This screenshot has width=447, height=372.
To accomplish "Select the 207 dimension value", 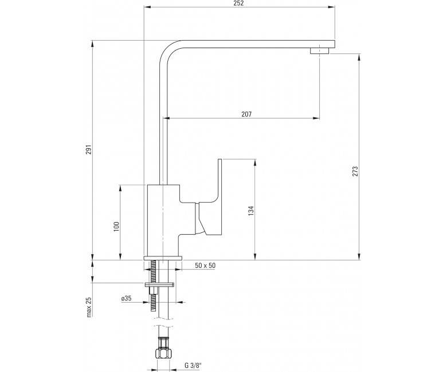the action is (246, 114).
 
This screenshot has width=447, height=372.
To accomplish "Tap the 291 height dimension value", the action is (89, 149).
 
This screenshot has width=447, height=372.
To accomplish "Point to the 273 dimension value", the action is (355, 171).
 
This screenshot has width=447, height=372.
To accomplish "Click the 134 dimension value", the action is (251, 211).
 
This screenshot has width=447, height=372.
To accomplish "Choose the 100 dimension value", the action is (116, 226).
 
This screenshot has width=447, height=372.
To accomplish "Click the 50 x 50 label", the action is (205, 266).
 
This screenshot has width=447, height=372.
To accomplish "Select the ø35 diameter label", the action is (126, 299).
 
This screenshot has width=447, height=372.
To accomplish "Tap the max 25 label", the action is (89, 307).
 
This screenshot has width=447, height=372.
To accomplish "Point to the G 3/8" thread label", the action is (193, 366).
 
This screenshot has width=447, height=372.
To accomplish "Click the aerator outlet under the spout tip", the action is (319, 51).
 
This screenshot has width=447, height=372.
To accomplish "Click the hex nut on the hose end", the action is (163, 354).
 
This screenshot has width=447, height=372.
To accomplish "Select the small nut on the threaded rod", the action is (153, 291).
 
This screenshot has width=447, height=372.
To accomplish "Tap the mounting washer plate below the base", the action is (160, 284).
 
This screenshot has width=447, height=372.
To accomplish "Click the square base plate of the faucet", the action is (163, 258).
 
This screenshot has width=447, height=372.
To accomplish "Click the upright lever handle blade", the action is (220, 182).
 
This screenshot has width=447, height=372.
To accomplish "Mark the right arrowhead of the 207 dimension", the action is (316, 118).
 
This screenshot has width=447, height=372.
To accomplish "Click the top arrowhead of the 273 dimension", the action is (359, 57).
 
